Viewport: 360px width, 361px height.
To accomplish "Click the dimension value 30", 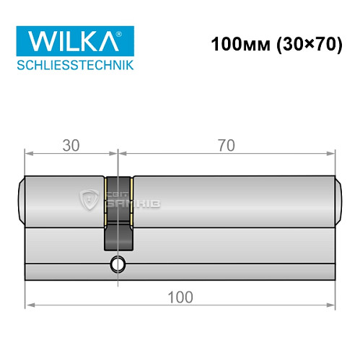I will tap(70, 145).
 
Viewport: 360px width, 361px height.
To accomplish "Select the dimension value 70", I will tap(226, 145).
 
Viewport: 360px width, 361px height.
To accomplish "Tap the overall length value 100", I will tap(180, 296).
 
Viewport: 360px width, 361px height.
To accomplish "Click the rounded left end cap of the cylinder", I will tap(21, 201).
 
